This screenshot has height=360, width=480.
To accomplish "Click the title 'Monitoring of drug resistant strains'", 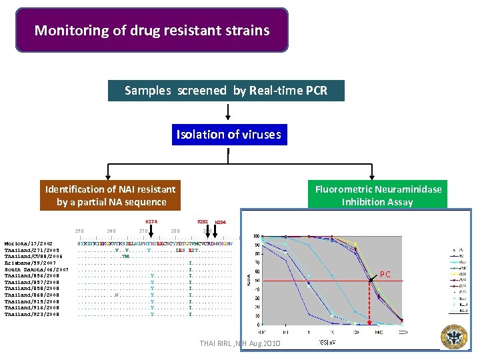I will click(152, 31).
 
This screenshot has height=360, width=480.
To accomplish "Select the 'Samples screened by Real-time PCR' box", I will click(226, 91).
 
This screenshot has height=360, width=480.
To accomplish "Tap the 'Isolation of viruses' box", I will click(228, 135).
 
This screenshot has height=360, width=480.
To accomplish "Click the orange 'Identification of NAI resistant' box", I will click(111, 195).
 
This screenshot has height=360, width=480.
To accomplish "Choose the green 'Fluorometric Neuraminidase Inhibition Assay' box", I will click(378, 195).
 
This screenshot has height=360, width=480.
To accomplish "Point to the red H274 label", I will click(152, 221).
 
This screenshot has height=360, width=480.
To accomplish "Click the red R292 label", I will click(203, 221).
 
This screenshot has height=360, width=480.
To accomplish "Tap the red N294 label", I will click(221, 223).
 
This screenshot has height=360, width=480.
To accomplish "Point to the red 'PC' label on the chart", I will click(385, 273).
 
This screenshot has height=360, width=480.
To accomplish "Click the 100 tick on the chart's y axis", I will click(257, 237).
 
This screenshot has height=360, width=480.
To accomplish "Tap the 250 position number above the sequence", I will click(79, 231).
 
